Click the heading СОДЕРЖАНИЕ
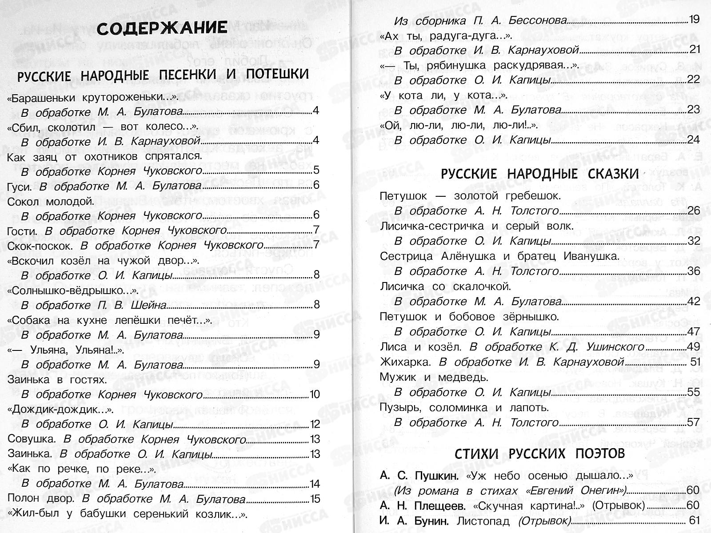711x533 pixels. [163, 28]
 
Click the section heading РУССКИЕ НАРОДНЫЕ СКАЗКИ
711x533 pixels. [539, 174]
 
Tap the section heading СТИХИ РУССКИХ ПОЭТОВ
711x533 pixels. [539, 453]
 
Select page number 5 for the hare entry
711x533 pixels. [316, 171]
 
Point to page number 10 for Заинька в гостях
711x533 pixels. [314, 394]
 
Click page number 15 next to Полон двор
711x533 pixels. [315, 499]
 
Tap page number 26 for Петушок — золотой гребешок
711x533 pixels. [693, 211]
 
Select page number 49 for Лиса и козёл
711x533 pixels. [693, 346]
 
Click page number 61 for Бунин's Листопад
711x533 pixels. [694, 521]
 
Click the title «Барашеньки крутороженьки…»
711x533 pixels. [93, 97]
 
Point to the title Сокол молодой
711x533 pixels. [51, 201]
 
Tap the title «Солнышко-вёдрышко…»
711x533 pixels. [74, 291]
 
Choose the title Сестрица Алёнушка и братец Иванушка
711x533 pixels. [499, 256]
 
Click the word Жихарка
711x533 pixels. [405, 362]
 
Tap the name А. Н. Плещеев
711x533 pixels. [423, 505]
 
